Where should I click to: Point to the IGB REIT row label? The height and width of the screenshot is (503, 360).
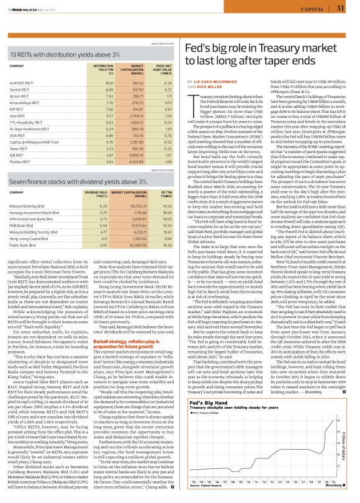pos(19,155)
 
